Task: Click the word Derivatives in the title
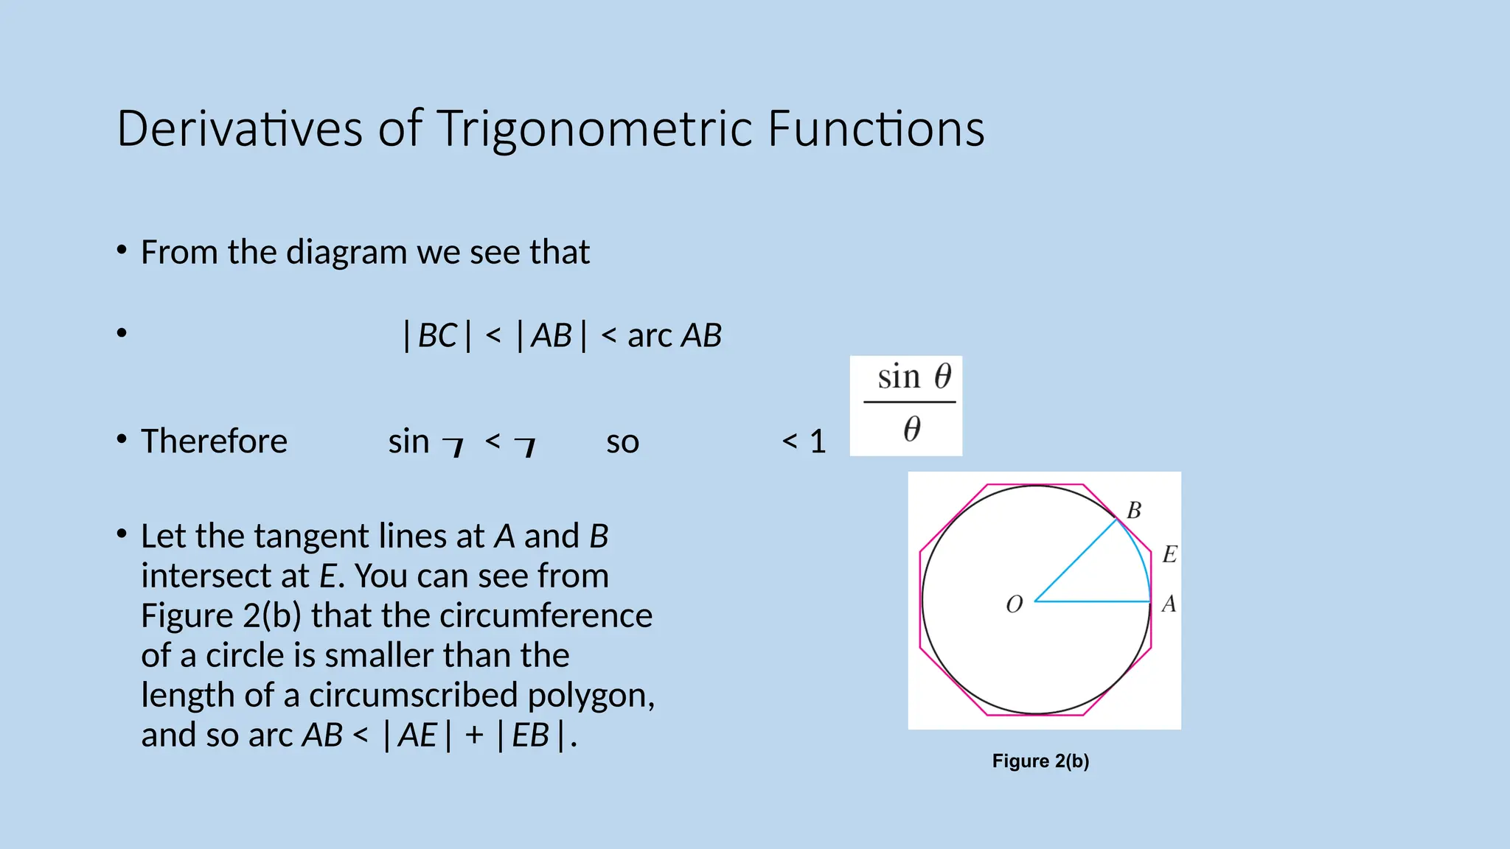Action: pyautogui.click(x=240, y=129)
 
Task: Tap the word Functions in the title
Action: pyautogui.click(x=875, y=129)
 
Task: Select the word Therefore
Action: pyautogui.click(x=214, y=441)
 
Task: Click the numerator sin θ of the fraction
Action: pyautogui.click(x=914, y=377)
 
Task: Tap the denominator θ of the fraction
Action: pyautogui.click(x=912, y=428)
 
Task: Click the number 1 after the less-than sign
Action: pyautogui.click(x=818, y=441)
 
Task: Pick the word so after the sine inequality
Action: pyautogui.click(x=622, y=442)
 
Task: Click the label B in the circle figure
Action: pyautogui.click(x=1134, y=510)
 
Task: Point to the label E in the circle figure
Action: pyautogui.click(x=1169, y=554)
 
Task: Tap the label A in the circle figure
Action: pyautogui.click(x=1169, y=604)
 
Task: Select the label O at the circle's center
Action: pyautogui.click(x=1015, y=605)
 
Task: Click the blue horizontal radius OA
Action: pyautogui.click(x=1093, y=601)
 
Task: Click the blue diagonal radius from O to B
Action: pyautogui.click(x=1076, y=560)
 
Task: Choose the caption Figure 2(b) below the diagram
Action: pyautogui.click(x=1040, y=761)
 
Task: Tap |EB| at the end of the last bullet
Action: pyautogui.click(x=531, y=736)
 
